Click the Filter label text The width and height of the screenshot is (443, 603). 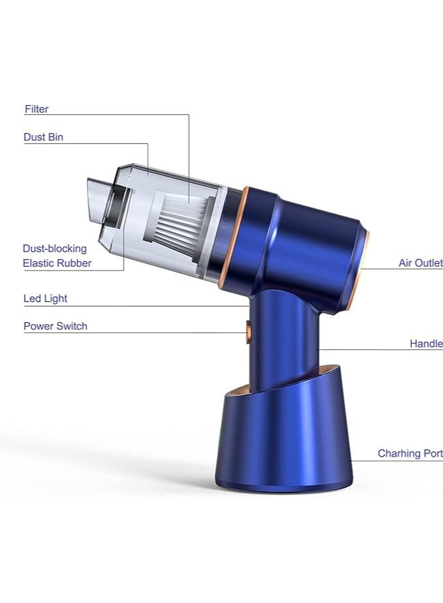click(37, 109)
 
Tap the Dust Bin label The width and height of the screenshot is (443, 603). click(43, 137)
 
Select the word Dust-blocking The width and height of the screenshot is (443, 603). click(55, 249)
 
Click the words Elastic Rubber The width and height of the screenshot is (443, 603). click(57, 263)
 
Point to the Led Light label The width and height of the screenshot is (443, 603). click(45, 299)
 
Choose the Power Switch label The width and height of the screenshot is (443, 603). click(56, 326)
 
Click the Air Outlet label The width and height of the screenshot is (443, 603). click(421, 263)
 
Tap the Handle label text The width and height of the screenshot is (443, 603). click(426, 344)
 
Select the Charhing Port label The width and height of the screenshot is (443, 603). click(410, 454)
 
